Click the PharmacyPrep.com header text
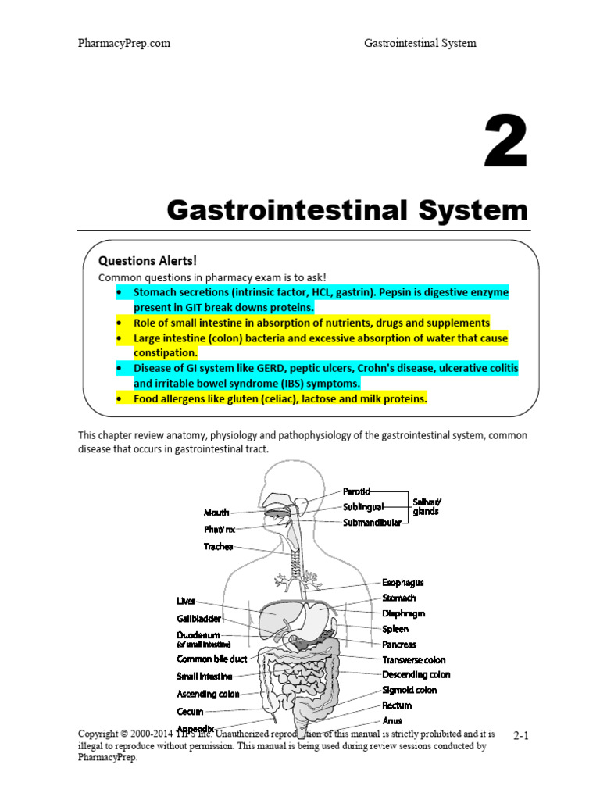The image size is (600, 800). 124,43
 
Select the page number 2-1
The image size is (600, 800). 521,736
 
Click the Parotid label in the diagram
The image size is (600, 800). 357,491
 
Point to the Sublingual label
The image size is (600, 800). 362,506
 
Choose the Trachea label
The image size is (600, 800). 219,547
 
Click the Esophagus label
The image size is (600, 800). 403,583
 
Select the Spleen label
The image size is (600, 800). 395,629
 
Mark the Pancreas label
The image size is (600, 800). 399,645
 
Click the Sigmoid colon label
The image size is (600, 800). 409,690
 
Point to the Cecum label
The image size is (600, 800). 191,712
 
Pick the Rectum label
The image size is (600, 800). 397,705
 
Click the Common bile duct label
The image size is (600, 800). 212,659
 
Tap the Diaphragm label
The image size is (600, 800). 404,613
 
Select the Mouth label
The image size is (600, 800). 216,512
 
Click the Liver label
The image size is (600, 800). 186,601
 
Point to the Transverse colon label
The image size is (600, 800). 414,660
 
